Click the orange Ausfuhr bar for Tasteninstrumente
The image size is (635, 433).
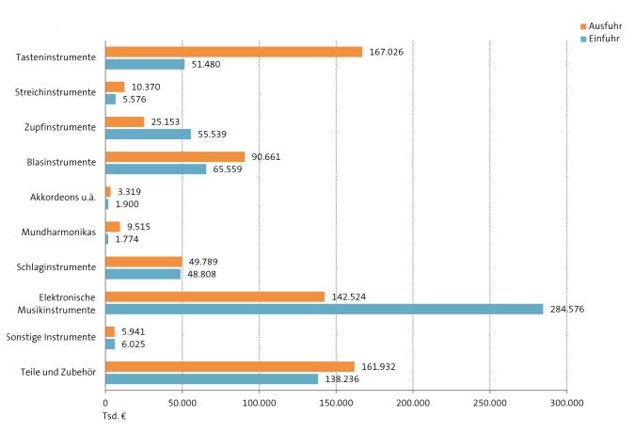pos(233,52)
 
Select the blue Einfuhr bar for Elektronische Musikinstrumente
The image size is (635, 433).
pos(324,309)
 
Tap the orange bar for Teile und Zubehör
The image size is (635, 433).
pos(230,366)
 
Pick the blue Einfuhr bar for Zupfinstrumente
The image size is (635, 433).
pos(148,134)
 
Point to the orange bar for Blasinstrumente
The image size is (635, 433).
pos(175,156)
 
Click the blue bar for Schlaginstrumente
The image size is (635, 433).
pos(142,274)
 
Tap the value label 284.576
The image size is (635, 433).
pos(566,309)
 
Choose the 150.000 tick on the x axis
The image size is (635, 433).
pos(336,402)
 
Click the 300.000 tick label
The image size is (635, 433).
pos(566,402)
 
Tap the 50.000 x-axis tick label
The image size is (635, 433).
pos(183,402)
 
